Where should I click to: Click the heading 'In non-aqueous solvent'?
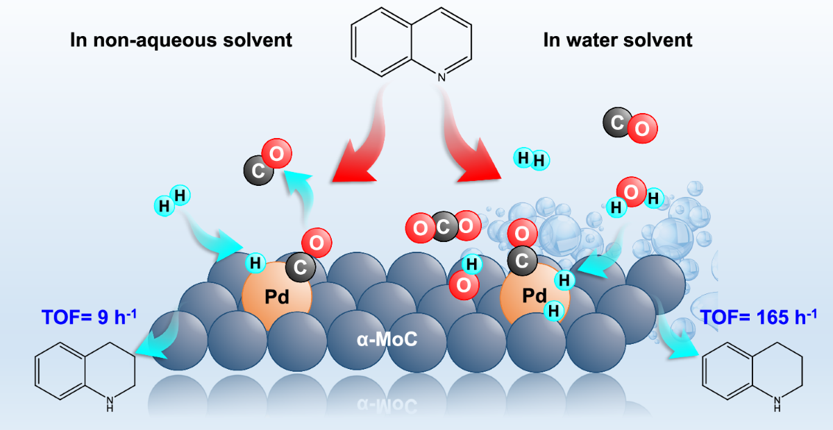coord(181,40)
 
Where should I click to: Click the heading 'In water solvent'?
coord(618,40)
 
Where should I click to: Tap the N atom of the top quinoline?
coord(441,78)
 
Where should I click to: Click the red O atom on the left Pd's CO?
coord(316,243)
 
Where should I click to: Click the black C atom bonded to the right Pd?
coord(521,259)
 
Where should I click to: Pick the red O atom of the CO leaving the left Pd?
coord(276,153)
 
